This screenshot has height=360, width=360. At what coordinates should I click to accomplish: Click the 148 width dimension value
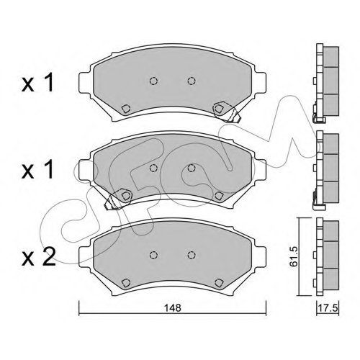tap(173, 307)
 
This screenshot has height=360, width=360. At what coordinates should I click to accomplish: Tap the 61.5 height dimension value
tap(293, 256)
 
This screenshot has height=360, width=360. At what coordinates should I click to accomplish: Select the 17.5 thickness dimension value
tap(328, 307)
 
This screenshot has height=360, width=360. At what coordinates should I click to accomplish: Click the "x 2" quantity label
tap(39, 257)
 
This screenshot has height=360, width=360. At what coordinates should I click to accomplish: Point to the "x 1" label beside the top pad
tap(37, 83)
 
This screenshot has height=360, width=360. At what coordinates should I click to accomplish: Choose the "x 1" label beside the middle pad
tap(37, 170)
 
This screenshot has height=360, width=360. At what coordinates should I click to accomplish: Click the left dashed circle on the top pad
tap(153, 81)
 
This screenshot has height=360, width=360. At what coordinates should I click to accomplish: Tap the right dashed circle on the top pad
tap(192, 81)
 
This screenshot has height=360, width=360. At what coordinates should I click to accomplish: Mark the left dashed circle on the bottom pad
tap(153, 255)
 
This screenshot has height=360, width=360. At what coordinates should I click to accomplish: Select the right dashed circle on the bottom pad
tap(192, 255)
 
